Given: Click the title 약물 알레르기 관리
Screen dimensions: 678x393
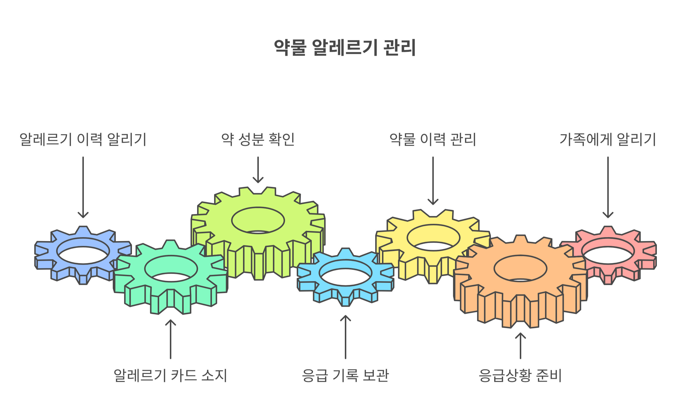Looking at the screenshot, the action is [345, 48].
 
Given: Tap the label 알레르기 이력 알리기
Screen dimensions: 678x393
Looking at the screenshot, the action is [83, 139].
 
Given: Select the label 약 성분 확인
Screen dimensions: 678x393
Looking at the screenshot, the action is [258, 139].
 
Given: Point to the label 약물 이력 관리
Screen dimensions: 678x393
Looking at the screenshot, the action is [433, 139].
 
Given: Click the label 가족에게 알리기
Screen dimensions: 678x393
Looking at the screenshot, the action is [608, 139].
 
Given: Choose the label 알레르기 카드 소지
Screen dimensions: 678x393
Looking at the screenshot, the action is [170, 375].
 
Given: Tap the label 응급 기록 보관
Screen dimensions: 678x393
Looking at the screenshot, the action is [345, 375].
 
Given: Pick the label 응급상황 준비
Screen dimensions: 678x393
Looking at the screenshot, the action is [520, 375].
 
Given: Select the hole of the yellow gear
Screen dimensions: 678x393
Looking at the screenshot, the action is [433, 238].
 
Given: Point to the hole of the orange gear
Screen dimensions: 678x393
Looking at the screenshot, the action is [520, 269].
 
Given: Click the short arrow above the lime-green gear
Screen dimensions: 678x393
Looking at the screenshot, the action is [258, 170].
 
